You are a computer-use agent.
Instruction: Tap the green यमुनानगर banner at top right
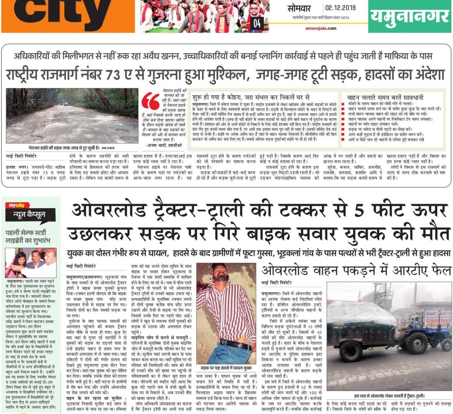point(410,16)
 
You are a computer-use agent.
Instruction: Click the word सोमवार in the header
point(299,8)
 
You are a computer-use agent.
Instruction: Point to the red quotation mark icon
point(150,101)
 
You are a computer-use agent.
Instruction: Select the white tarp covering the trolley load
point(355,313)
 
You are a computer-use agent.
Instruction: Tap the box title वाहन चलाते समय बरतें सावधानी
point(380,96)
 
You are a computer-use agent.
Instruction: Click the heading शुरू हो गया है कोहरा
point(251,96)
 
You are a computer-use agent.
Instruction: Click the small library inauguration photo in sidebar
point(31,262)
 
